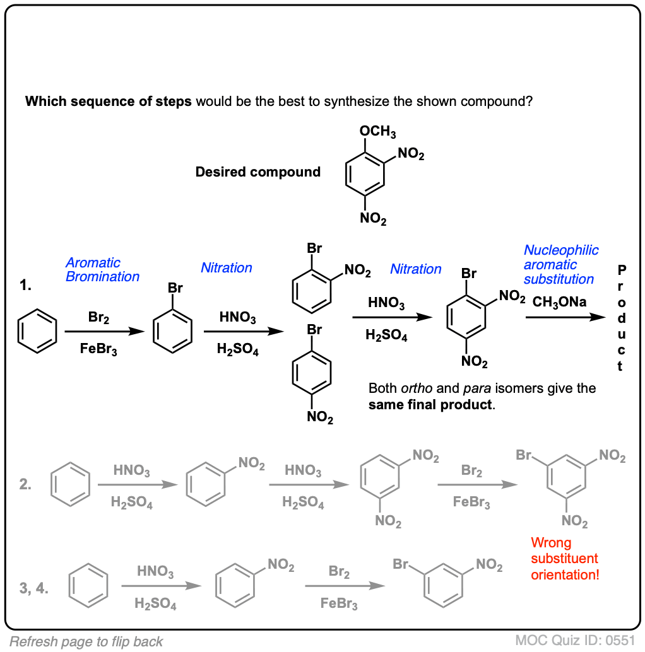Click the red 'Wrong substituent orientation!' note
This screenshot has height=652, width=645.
(565, 559)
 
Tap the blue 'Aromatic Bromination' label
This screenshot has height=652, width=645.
(102, 269)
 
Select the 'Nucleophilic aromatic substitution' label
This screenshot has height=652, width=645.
(560, 265)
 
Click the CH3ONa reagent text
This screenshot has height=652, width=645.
(559, 302)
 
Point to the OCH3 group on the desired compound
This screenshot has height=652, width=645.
(377, 132)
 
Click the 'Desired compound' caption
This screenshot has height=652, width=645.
(257, 172)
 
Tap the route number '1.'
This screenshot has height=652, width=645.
(26, 286)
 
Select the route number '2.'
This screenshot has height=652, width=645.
(26, 486)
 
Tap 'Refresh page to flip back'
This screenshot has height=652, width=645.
(86, 642)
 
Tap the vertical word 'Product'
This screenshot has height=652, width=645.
(622, 318)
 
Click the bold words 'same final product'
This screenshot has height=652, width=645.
(429, 404)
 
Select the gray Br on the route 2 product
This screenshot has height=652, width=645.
(523, 455)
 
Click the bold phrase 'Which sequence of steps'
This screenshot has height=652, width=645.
(109, 101)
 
